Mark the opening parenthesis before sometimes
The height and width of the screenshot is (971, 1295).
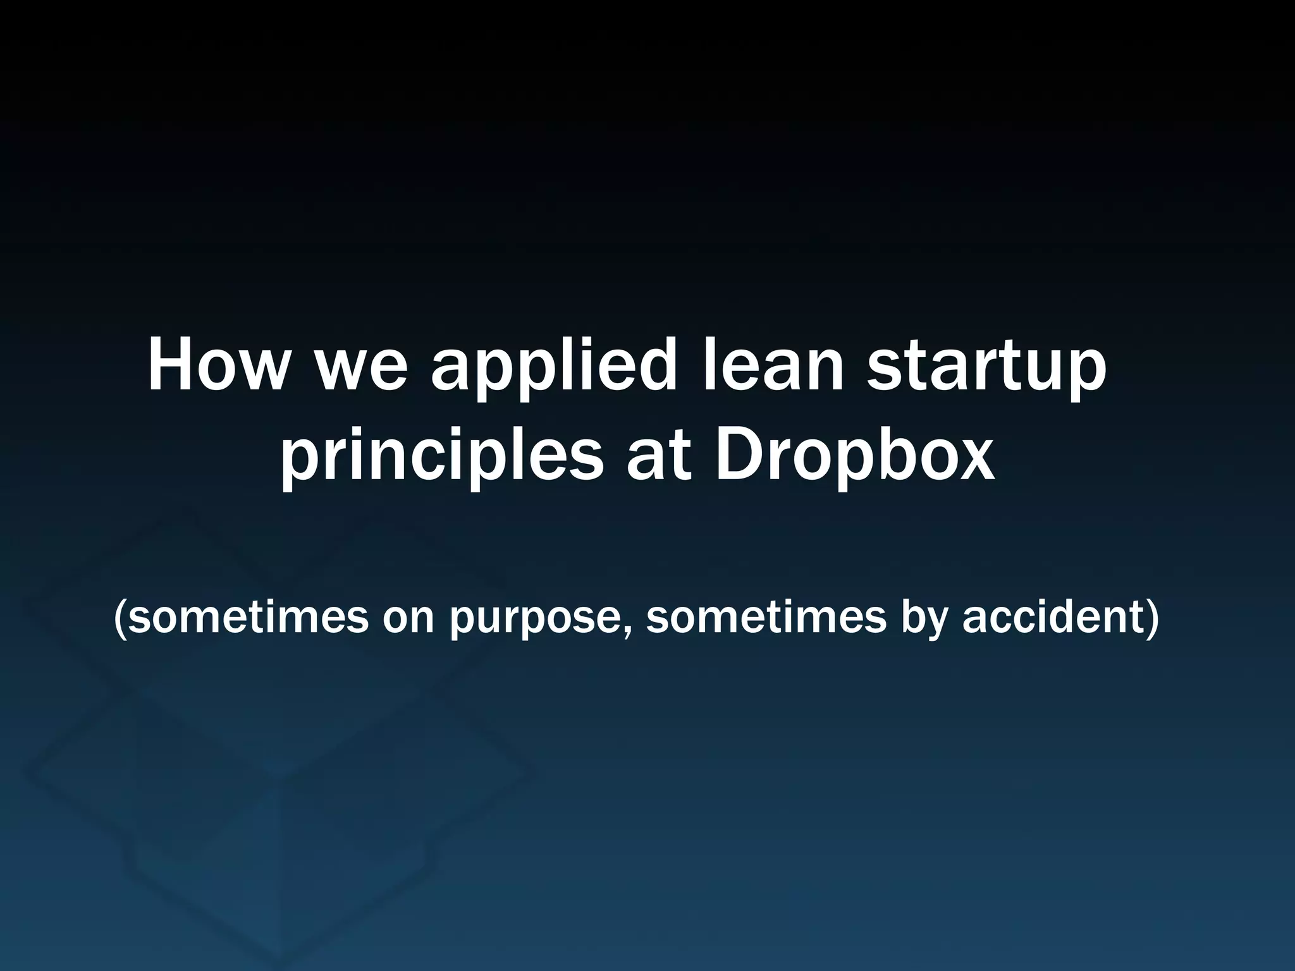[x=120, y=619]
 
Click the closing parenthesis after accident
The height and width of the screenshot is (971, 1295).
[x=1151, y=619]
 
